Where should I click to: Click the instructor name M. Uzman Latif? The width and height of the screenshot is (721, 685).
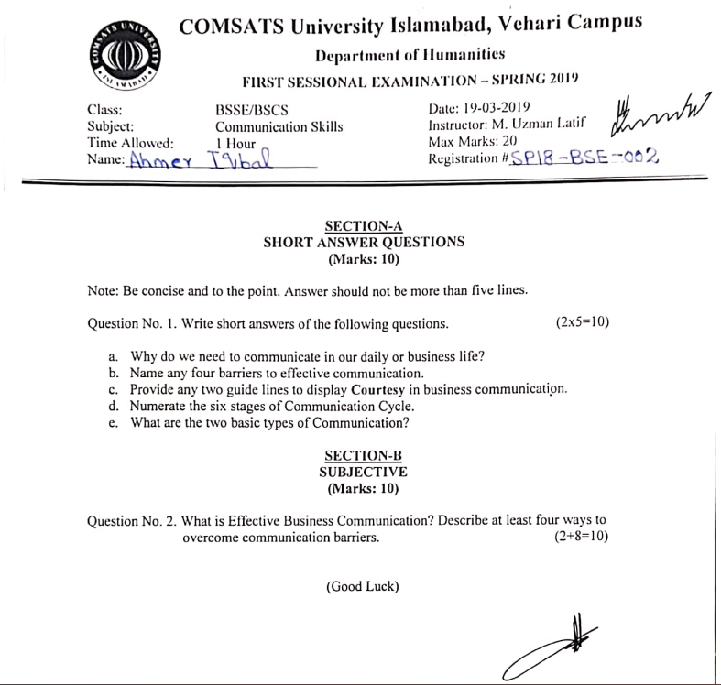[x=538, y=125]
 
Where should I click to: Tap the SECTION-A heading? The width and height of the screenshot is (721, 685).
[x=364, y=226]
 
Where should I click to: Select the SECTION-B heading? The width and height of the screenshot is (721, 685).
[x=364, y=455]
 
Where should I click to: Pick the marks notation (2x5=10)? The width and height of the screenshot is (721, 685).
[x=583, y=322]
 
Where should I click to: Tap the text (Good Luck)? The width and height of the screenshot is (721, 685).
[x=363, y=586]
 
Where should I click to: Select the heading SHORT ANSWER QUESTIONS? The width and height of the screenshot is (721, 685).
[x=364, y=243]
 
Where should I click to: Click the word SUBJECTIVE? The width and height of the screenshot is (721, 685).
[x=364, y=472]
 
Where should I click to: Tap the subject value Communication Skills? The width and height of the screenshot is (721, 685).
[x=279, y=127]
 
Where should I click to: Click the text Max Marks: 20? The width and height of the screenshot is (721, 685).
[x=470, y=142]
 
